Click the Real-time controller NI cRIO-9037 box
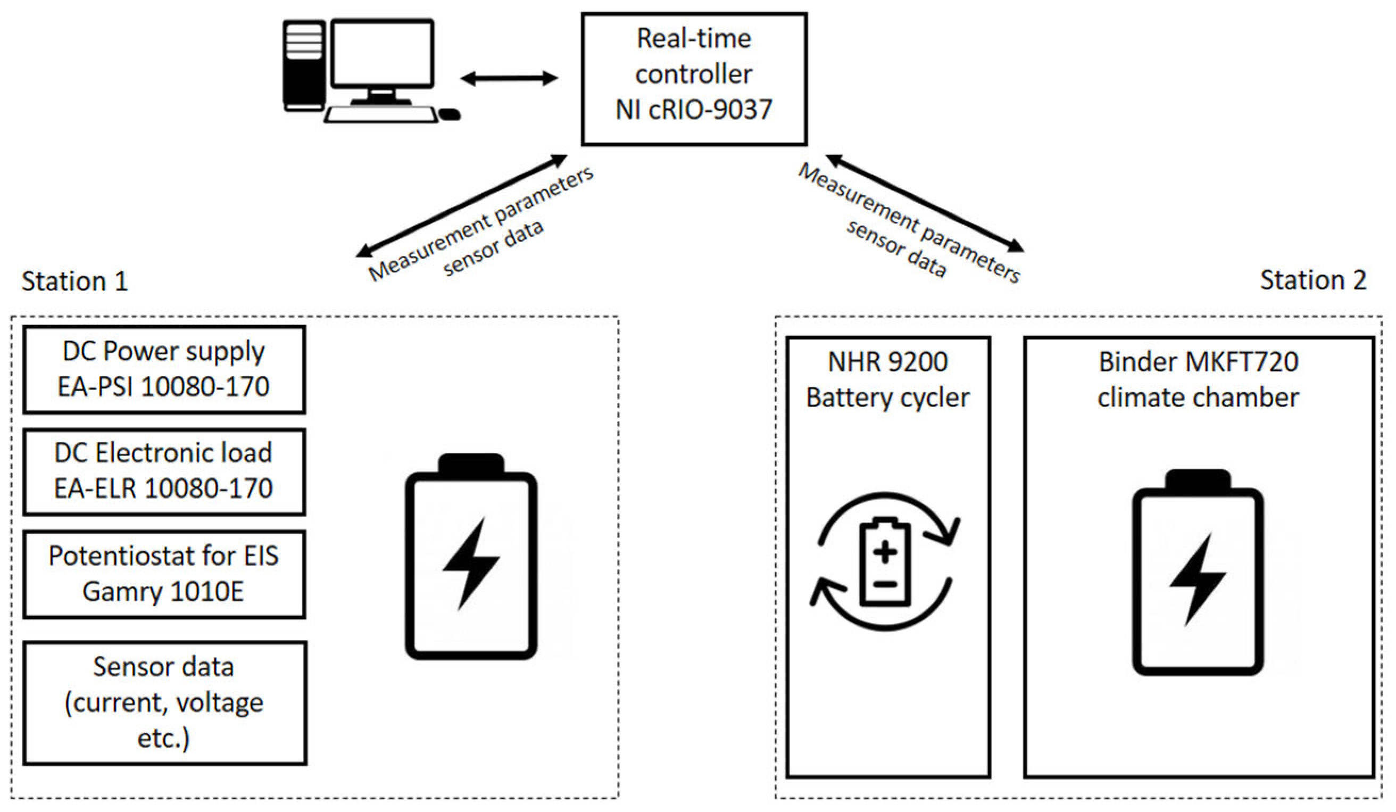pyautogui.click(x=694, y=79)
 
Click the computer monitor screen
pyautogui.click(x=381, y=53)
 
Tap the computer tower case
pyautogui.click(x=303, y=65)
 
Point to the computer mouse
pyautogui.click(x=449, y=114)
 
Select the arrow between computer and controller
pyautogui.click(x=509, y=79)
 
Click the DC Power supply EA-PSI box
pyautogui.click(x=164, y=369)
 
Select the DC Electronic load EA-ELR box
pyautogui.click(x=164, y=471)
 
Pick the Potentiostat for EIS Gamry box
pyautogui.click(x=164, y=574)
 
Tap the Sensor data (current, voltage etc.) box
pyautogui.click(x=164, y=702)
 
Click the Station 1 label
pyautogui.click(x=75, y=281)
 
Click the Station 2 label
pyautogui.click(x=1312, y=280)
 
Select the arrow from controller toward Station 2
pyautogui.click(x=924, y=203)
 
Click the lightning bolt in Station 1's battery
pyautogui.click(x=471, y=564)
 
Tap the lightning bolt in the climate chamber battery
pyautogui.click(x=1197, y=579)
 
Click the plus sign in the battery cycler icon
pyautogui.click(x=885, y=552)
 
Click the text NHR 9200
pyautogui.click(x=887, y=362)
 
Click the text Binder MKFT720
pyautogui.click(x=1198, y=362)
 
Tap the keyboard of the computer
pyautogui.click(x=380, y=114)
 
